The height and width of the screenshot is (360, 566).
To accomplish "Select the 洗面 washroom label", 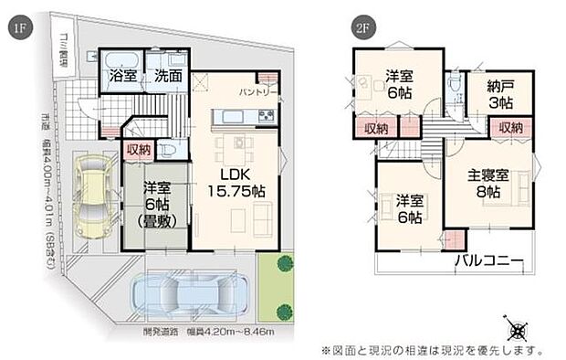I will [x=167, y=77].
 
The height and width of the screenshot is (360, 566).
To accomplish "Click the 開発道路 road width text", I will [x=195, y=329].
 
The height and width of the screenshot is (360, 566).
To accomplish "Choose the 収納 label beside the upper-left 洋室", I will [x=374, y=129].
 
